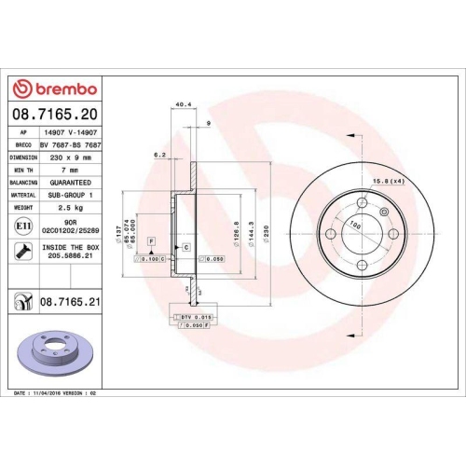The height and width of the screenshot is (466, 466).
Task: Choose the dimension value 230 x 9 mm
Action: click(x=68, y=158)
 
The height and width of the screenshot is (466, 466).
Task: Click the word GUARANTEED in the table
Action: click(x=68, y=184)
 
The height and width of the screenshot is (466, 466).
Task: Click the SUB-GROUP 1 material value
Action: click(x=68, y=197)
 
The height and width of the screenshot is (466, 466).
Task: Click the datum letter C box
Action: click(x=185, y=246)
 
